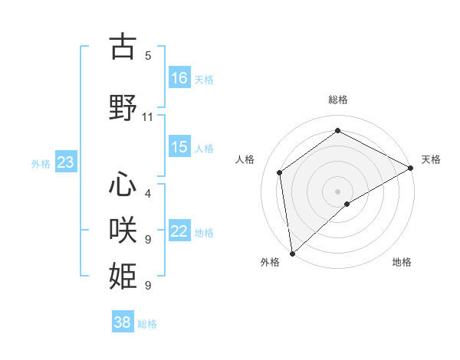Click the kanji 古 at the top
tap(123, 47)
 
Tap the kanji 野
tap(123, 108)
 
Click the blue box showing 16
tap(179, 77)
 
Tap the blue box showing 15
tap(179, 147)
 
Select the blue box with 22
tap(179, 231)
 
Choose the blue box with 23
tap(64, 162)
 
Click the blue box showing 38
tap(123, 322)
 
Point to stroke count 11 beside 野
tap(148, 117)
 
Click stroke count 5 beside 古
tap(148, 56)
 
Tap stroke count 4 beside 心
tap(148, 193)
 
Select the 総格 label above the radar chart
tap(338, 100)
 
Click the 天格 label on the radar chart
tap(431, 159)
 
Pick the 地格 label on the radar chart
tap(402, 262)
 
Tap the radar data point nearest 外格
tap(292, 254)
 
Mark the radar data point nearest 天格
tap(411, 168)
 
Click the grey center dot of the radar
tap(338, 191)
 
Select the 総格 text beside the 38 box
tap(147, 323)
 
